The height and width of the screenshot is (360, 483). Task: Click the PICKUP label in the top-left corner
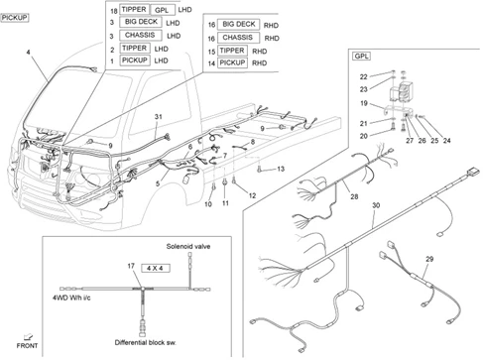tap(15, 18)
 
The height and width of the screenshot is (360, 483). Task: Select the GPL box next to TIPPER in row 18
tap(163, 10)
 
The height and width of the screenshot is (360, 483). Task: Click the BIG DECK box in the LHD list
tap(141, 22)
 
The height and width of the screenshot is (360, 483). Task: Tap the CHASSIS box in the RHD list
tap(238, 38)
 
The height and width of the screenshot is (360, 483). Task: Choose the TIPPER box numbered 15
tap(232, 51)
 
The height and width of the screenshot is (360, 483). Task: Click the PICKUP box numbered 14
tap(232, 62)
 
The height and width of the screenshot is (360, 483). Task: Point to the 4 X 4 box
tap(155, 268)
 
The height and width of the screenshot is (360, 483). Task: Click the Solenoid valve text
tap(188, 246)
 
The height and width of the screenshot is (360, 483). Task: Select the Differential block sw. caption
tap(146, 342)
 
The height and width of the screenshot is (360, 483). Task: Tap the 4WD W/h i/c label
tap(71, 298)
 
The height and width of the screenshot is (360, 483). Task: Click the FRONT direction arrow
tap(28, 337)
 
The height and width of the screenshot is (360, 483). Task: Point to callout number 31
tap(159, 117)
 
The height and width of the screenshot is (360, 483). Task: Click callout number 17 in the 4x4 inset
tap(131, 266)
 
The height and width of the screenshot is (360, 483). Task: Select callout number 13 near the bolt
tap(281, 169)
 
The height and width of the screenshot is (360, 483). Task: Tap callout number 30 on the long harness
tap(376, 205)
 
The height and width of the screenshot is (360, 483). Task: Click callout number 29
tap(429, 259)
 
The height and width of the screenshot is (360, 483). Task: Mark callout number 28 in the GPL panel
tap(354, 196)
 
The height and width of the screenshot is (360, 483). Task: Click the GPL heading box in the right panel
tap(361, 57)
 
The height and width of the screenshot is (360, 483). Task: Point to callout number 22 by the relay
tap(364, 76)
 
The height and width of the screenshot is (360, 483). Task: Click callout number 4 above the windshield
tap(28, 52)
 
